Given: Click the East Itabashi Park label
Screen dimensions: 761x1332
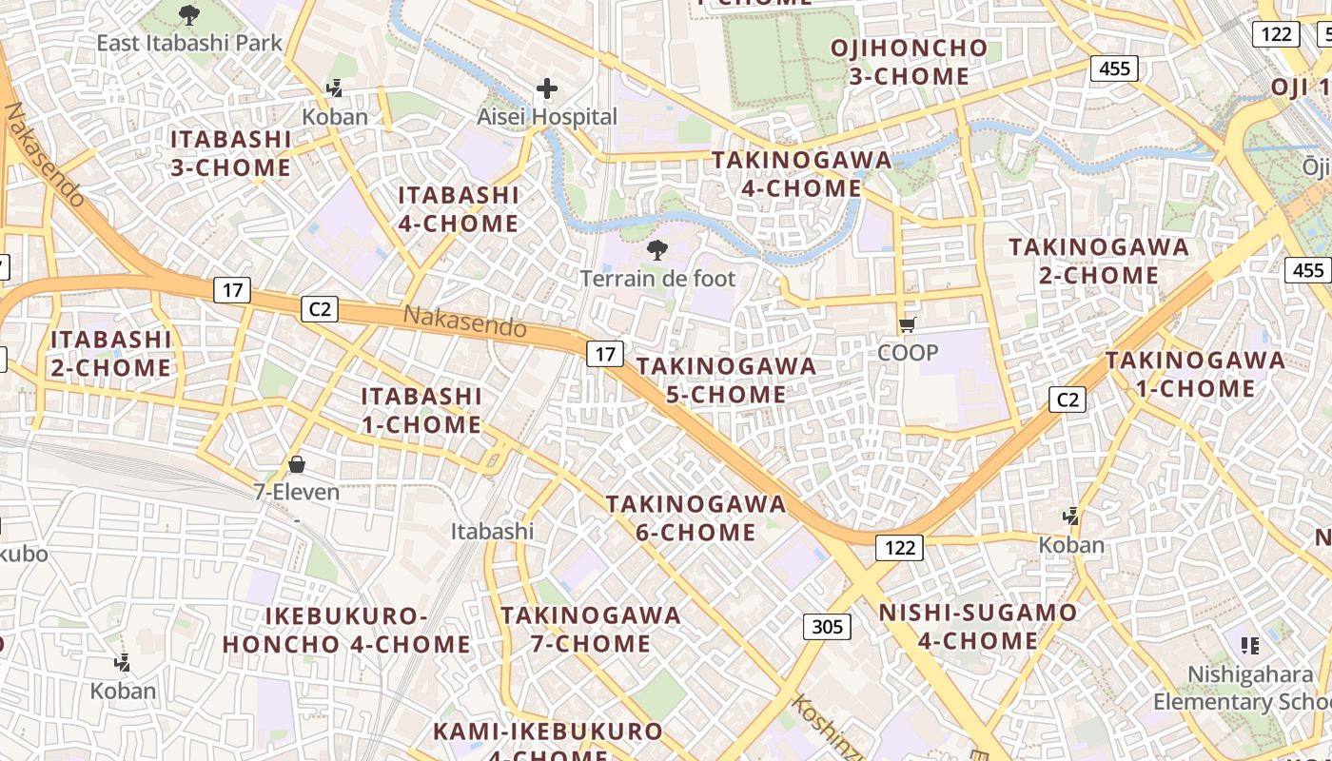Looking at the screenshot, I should (x=190, y=43).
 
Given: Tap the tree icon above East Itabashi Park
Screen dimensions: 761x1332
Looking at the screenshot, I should (x=190, y=14).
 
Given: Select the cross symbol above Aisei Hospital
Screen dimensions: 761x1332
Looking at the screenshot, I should (x=547, y=89).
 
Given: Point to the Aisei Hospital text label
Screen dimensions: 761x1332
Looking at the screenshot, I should (x=547, y=117).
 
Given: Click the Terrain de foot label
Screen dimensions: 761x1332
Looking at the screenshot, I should (x=658, y=279).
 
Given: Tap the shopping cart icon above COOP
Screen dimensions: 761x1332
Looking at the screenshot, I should (x=908, y=325).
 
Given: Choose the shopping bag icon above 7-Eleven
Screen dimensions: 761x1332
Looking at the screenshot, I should (x=297, y=464).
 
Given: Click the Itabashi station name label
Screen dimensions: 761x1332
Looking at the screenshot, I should (x=492, y=531).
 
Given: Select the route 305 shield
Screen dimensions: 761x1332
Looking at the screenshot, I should (x=827, y=626).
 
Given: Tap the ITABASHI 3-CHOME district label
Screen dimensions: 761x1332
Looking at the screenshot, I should (x=231, y=153).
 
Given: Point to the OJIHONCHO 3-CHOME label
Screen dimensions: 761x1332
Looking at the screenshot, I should (x=909, y=62).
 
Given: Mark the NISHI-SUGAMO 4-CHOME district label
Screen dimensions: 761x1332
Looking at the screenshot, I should (x=978, y=626).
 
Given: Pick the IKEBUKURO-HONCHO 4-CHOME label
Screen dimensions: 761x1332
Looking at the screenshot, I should (x=346, y=630).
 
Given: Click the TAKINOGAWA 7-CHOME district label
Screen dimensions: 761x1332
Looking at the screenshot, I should (x=591, y=629).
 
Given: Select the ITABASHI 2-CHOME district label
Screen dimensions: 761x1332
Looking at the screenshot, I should (x=111, y=353).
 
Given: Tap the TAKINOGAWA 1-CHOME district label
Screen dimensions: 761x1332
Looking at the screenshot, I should (x=1195, y=374).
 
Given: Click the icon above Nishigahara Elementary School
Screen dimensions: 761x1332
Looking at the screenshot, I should (x=1250, y=646).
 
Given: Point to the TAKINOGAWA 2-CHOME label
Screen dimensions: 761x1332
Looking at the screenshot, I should (x=1099, y=261).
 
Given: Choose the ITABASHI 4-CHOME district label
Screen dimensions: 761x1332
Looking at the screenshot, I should (x=459, y=209).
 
